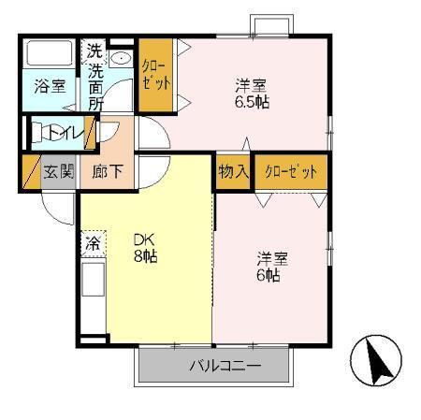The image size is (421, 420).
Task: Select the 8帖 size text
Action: (144, 254)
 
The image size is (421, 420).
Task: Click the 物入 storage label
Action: (233, 172)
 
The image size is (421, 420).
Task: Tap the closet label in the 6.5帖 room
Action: (156, 74)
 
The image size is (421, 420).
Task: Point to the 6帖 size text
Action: (268, 277)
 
